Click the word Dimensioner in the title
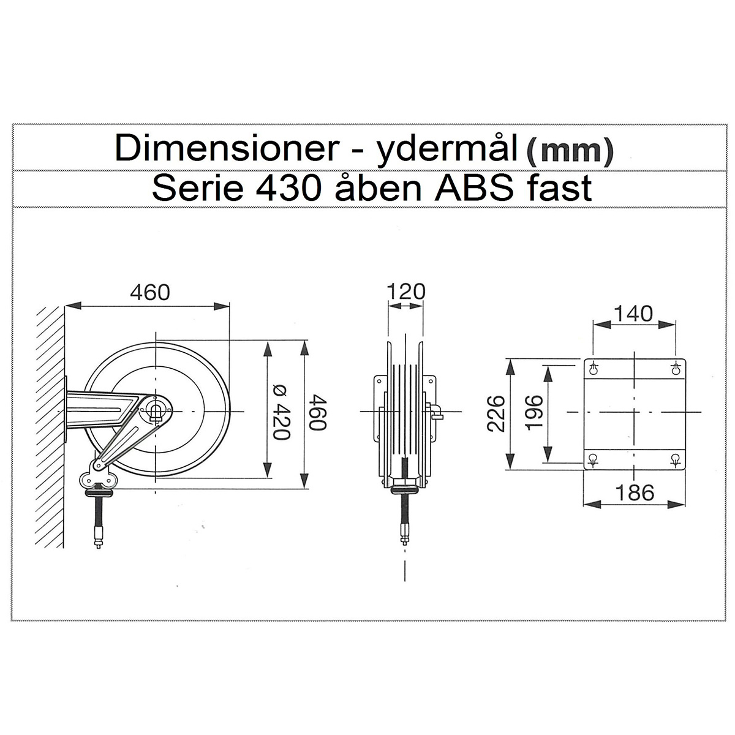point(227,148)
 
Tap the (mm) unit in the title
point(570,151)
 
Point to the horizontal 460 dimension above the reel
point(150,293)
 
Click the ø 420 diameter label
point(282,412)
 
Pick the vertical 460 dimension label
point(317,413)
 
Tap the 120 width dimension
point(406,292)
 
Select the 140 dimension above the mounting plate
point(633,314)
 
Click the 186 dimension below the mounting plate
point(635,492)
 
